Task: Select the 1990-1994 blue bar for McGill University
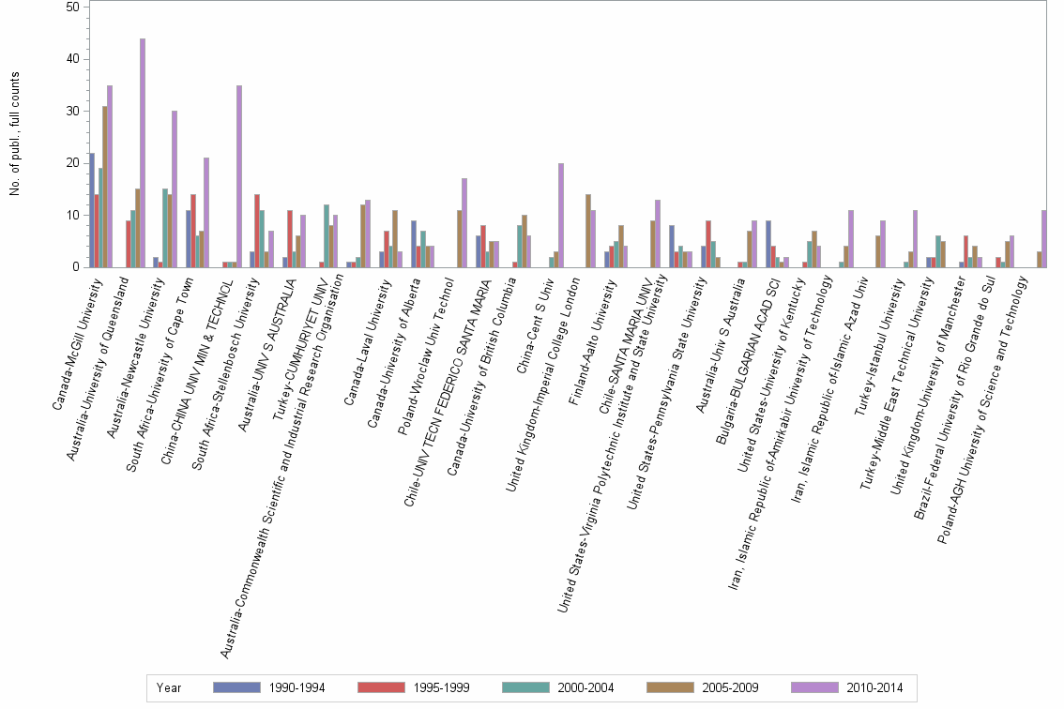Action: pos(92,210)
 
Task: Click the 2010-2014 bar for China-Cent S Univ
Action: pos(561,216)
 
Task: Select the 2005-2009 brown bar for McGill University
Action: pos(105,187)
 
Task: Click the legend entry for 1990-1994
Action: pos(268,687)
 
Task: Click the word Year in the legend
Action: pos(170,688)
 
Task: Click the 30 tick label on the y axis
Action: pos(73,112)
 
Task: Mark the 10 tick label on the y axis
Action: pos(73,216)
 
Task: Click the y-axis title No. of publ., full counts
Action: pos(15,137)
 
